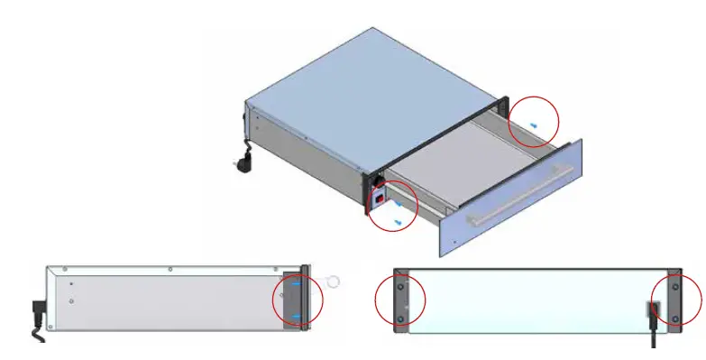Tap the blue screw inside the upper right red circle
click(535, 125)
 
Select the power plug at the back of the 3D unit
click(243, 164)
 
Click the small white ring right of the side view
click(333, 282)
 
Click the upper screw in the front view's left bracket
click(400, 284)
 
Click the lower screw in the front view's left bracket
click(400, 317)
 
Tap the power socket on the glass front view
click(652, 312)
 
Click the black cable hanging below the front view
click(655, 338)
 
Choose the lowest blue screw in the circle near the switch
click(398, 221)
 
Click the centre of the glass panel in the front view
click(537, 300)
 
